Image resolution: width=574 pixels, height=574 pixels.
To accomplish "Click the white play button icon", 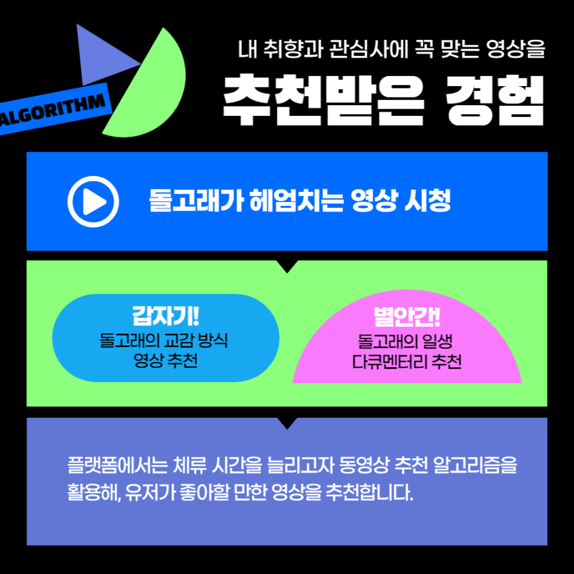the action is point(93,202).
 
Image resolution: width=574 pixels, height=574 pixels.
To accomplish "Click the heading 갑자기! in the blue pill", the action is point(166,316).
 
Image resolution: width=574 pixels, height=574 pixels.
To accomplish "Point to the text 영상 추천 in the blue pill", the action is point(166,360).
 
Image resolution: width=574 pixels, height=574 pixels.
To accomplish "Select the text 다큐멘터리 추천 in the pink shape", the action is point(407,361).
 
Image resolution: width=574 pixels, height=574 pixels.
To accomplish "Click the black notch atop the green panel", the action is point(288,266).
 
